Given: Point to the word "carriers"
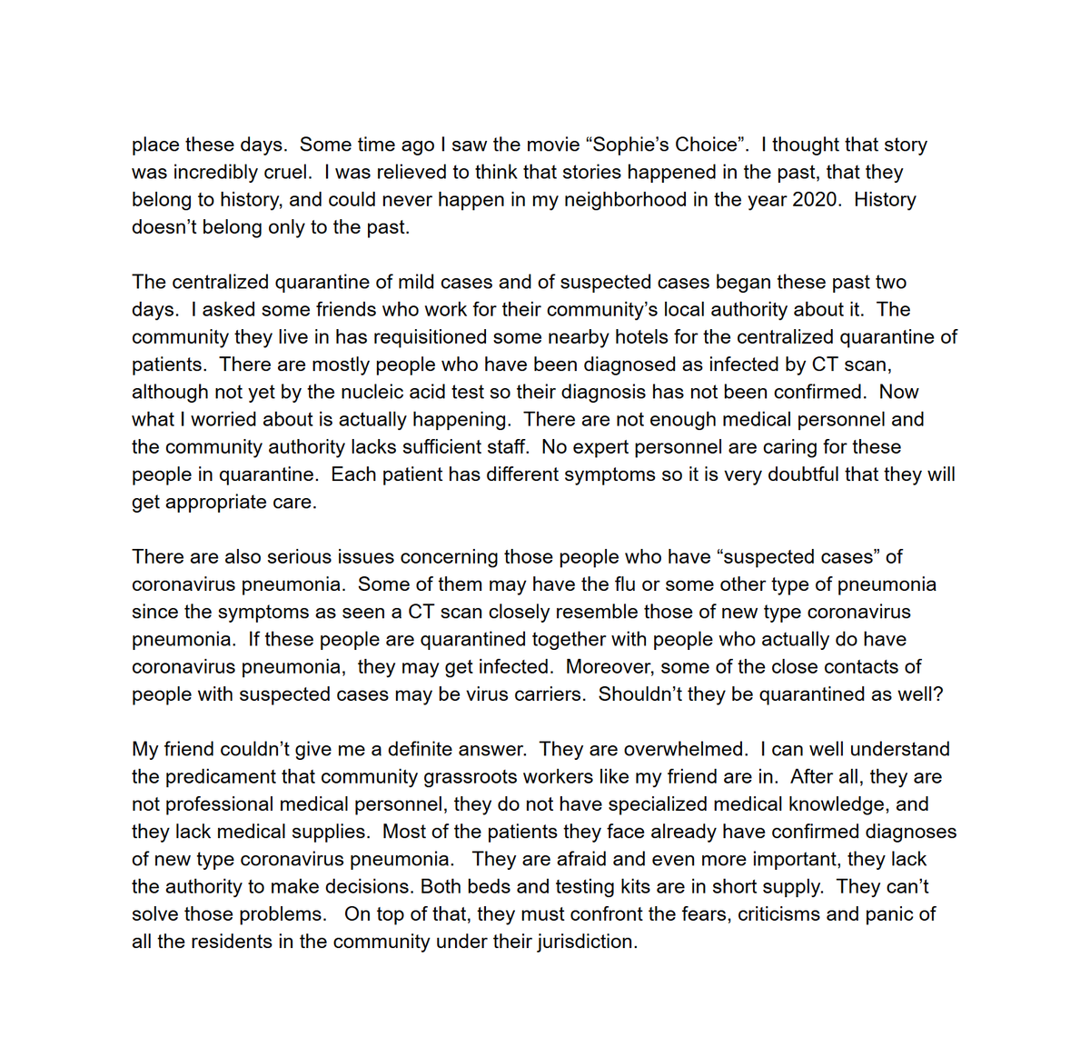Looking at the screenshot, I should click(548, 694).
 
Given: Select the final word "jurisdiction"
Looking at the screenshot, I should click(584, 942).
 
